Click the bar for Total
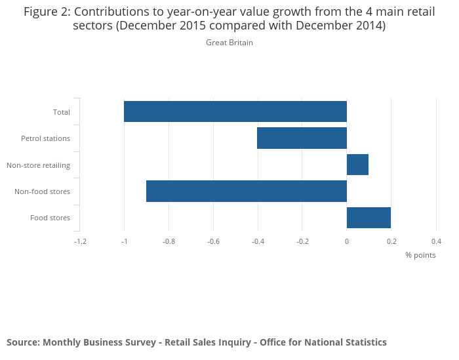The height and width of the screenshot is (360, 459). coord(235,111)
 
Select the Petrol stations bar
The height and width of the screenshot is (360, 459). coord(302,138)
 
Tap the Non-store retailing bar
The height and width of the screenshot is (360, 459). coord(357,165)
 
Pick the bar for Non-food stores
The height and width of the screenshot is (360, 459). coord(246,191)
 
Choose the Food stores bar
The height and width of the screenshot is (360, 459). coord(369,217)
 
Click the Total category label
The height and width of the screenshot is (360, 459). coord(62,112)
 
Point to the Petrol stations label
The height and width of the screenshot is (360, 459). coord(45,138)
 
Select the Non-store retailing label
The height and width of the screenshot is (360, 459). coord(38,165)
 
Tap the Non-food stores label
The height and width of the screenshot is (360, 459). coord(42,191)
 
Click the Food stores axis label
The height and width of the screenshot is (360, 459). coord(50,218)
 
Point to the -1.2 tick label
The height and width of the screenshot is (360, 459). coord(79,241)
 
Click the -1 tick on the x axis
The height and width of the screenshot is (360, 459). coord(124,241)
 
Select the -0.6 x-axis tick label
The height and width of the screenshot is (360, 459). coord(213,241)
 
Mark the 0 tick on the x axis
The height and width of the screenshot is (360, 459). coord(347,241)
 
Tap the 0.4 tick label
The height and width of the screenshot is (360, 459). coord(436,241)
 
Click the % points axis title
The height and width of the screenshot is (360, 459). coord(420,255)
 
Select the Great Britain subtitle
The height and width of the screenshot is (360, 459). coord(229,43)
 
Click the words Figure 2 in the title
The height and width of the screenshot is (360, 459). coord(46,12)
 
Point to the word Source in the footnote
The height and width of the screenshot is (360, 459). coord(22,342)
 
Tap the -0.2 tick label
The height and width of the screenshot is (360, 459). coord(302,241)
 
